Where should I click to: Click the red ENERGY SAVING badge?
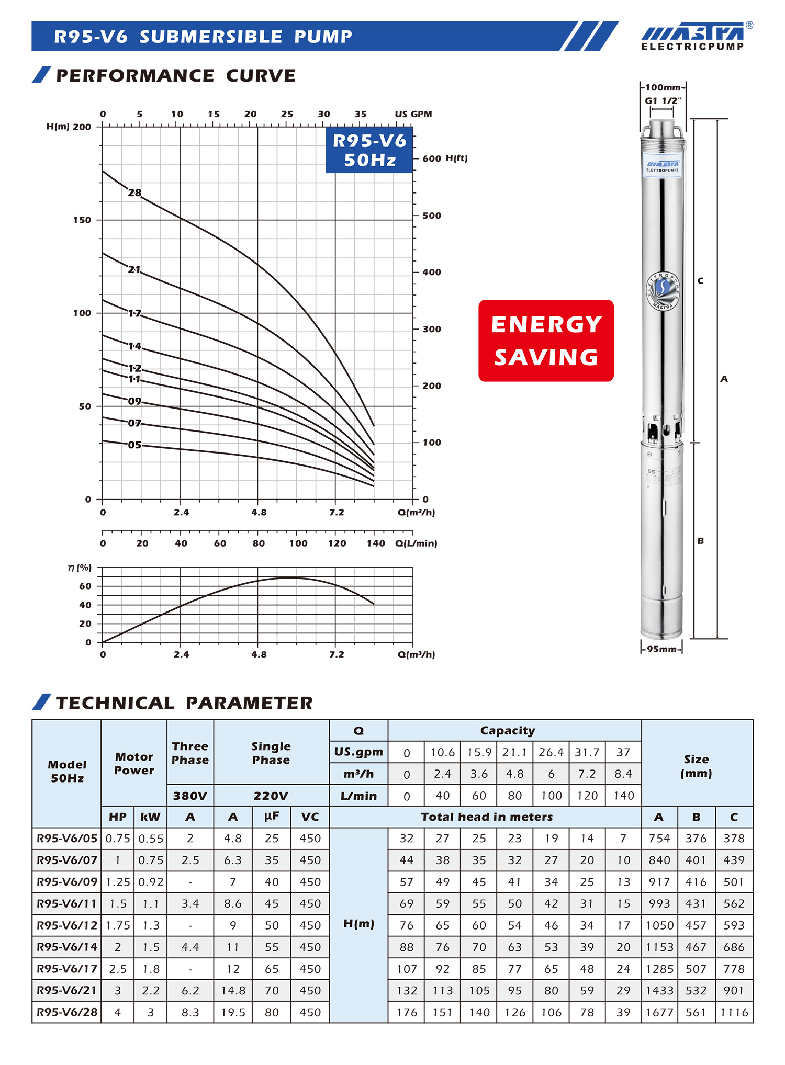click(x=546, y=341)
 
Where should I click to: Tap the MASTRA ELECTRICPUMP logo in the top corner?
click(x=693, y=37)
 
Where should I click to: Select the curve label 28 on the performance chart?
click(x=134, y=192)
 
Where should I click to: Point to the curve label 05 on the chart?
click(x=134, y=445)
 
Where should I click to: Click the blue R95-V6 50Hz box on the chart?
click(x=369, y=150)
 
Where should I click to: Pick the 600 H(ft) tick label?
click(x=445, y=158)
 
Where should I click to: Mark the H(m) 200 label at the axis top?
click(x=69, y=127)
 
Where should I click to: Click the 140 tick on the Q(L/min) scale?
click(x=376, y=543)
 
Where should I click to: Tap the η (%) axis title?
click(x=80, y=568)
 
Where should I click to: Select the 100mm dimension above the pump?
click(x=663, y=87)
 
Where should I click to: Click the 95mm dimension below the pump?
click(x=661, y=649)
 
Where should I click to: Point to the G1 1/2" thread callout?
click(x=663, y=100)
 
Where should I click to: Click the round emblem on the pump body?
click(x=663, y=290)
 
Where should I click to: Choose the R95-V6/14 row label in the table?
click(x=67, y=947)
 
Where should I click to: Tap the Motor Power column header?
click(x=134, y=763)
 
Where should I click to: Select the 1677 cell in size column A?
click(x=659, y=1012)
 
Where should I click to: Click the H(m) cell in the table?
click(x=358, y=924)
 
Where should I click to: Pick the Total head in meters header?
click(x=487, y=817)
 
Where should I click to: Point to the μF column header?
click(x=272, y=817)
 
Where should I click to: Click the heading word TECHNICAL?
click(x=115, y=703)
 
